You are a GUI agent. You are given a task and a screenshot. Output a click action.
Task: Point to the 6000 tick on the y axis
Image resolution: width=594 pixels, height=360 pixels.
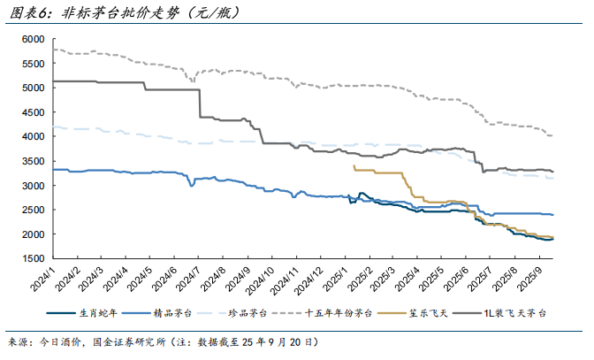[33, 40]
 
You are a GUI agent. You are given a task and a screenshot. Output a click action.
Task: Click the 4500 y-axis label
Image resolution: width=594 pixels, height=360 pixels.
[33, 112]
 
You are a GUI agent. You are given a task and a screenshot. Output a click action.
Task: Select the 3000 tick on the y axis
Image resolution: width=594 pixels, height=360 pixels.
[33, 186]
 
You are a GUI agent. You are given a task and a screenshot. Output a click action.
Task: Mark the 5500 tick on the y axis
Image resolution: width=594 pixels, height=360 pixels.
[33, 64]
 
